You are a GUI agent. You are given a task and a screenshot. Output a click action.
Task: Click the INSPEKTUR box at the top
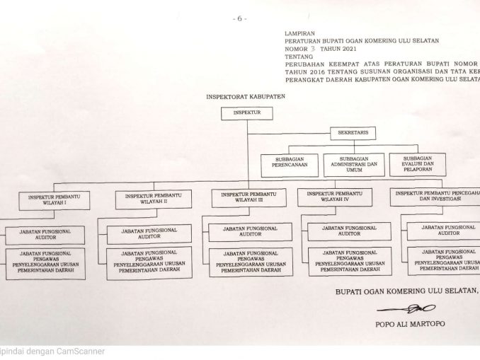tap(246, 112)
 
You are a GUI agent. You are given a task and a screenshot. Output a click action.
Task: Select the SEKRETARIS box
tap(353, 132)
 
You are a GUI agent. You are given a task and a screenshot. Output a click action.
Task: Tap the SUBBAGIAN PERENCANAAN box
tap(288, 165)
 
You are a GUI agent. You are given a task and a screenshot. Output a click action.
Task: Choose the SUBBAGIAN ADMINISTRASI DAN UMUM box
tap(354, 164)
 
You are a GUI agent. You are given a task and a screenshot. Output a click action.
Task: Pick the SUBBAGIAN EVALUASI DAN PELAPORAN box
tap(418, 163)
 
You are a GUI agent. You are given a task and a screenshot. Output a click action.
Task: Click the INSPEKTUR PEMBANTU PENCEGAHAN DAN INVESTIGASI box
tap(433, 195)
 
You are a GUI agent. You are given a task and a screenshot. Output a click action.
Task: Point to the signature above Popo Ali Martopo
tap(401, 309)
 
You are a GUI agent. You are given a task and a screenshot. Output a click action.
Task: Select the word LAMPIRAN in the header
tap(298, 33)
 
